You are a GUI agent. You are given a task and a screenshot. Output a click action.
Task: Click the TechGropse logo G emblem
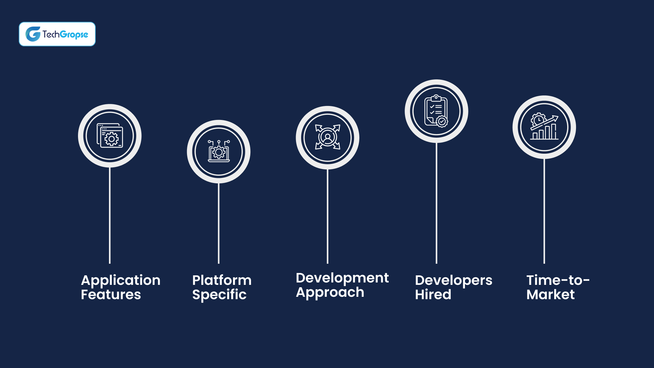[x=33, y=34]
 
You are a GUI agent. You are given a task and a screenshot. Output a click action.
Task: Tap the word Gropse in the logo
[x=74, y=34]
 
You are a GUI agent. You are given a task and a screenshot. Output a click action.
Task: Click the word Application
[x=121, y=280]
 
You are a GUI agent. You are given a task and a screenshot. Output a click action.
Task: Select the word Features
[x=111, y=295]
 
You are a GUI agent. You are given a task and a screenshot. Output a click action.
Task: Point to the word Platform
[x=222, y=280]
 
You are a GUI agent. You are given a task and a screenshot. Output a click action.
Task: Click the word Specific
[x=219, y=295]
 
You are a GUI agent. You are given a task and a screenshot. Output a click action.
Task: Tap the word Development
[x=342, y=278]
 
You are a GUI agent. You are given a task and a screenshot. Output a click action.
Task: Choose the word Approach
[x=330, y=293]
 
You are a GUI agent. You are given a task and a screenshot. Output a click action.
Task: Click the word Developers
[x=453, y=280]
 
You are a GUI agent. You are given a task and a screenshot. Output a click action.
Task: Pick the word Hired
[x=433, y=295]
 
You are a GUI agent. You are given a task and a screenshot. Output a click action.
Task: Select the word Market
[x=550, y=295]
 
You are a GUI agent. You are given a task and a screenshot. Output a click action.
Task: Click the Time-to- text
[x=558, y=280]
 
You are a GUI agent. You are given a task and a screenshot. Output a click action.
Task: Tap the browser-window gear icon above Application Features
[x=110, y=136]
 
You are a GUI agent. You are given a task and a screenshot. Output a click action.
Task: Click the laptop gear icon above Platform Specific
[x=219, y=151]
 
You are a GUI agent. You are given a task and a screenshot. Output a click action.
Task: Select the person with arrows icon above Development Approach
[x=327, y=137]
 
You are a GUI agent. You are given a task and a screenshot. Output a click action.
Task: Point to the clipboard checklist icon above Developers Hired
[x=436, y=111]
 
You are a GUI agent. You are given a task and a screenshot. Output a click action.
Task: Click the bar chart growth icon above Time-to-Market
[x=544, y=127]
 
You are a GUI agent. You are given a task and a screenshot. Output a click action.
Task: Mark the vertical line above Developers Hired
[x=436, y=204]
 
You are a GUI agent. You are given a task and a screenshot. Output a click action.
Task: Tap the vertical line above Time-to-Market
[x=544, y=211]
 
